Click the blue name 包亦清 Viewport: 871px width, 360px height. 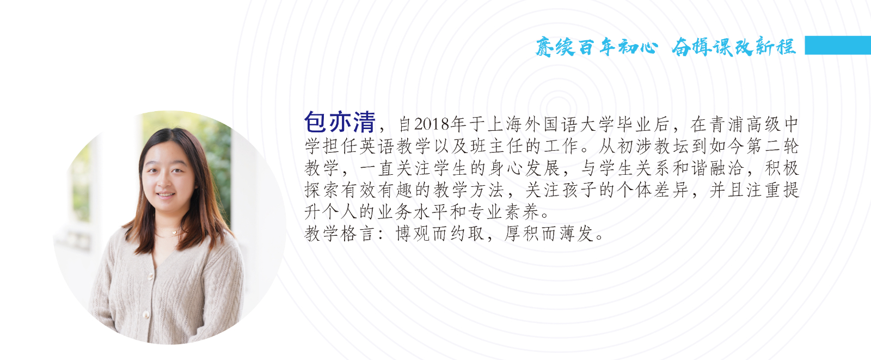point(340,122)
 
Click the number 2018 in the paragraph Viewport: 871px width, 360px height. point(432,125)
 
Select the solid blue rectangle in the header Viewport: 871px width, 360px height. point(837,45)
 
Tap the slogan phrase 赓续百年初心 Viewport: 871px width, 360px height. point(597,47)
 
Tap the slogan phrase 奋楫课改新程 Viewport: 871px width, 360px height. point(733,47)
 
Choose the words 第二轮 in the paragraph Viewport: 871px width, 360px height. point(772,147)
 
